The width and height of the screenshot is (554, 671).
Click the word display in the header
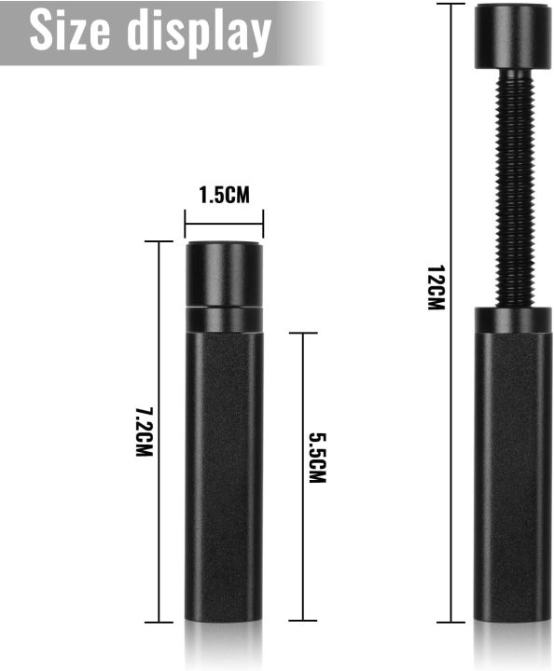pyautogui.click(x=199, y=33)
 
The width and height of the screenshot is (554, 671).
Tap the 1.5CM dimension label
pyautogui.click(x=225, y=195)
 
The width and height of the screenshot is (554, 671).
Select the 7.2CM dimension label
pyautogui.click(x=145, y=431)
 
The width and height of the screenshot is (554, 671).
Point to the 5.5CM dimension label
pyautogui.click(x=318, y=458)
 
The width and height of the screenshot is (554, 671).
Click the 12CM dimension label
pyautogui.click(x=436, y=288)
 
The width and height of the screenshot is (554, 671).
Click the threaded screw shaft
pyautogui.click(x=514, y=187)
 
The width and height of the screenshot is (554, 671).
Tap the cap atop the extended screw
pyautogui.click(x=513, y=36)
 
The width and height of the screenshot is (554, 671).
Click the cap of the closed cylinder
pyautogui.click(x=224, y=274)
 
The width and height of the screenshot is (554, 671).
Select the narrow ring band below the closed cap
pyautogui.click(x=224, y=320)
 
